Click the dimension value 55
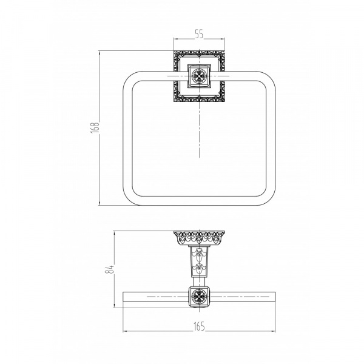[199, 34]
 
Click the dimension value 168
[95, 127]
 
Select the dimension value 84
[110, 269]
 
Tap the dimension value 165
[199, 326]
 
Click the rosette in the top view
[199, 76]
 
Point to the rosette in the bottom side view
[199, 297]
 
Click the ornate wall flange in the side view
[199, 237]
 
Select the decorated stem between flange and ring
[199, 261]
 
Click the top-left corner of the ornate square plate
[174, 51]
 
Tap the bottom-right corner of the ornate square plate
[224, 102]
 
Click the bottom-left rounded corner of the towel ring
[129, 199]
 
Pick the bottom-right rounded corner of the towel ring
[269, 199]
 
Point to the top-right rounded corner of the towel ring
[269, 78]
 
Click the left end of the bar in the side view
[123, 297]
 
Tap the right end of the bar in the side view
[275, 297]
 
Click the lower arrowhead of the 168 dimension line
[99, 203]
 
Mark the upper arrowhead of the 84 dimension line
[115, 233]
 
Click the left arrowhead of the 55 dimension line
[176, 39]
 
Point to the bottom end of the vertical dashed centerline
[199, 157]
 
